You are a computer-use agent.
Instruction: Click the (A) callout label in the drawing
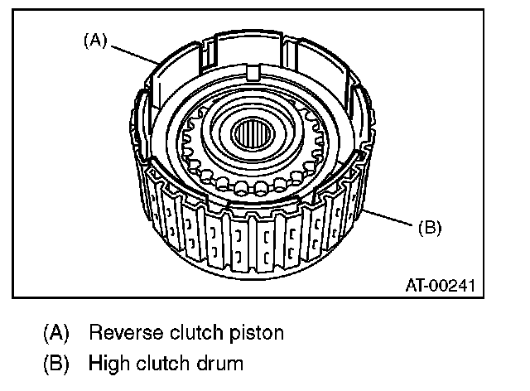click(x=93, y=40)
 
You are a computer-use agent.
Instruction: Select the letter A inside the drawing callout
click(x=93, y=40)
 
